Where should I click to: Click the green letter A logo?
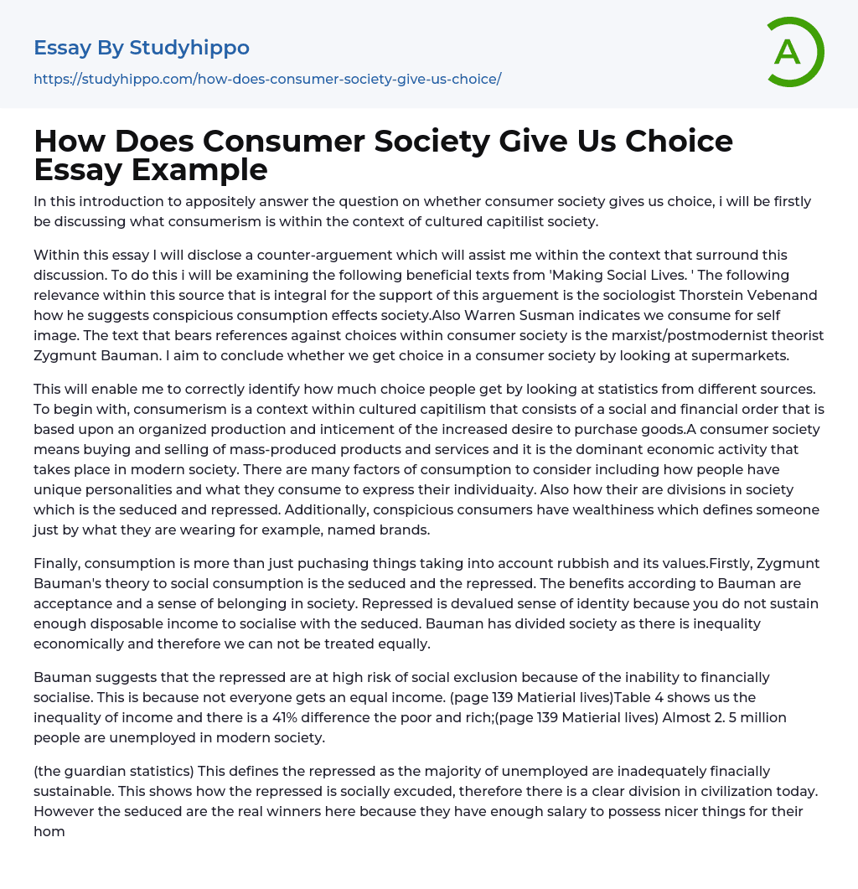tap(790, 52)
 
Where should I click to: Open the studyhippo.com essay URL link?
tap(267, 79)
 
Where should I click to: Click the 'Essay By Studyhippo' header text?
tap(142, 48)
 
